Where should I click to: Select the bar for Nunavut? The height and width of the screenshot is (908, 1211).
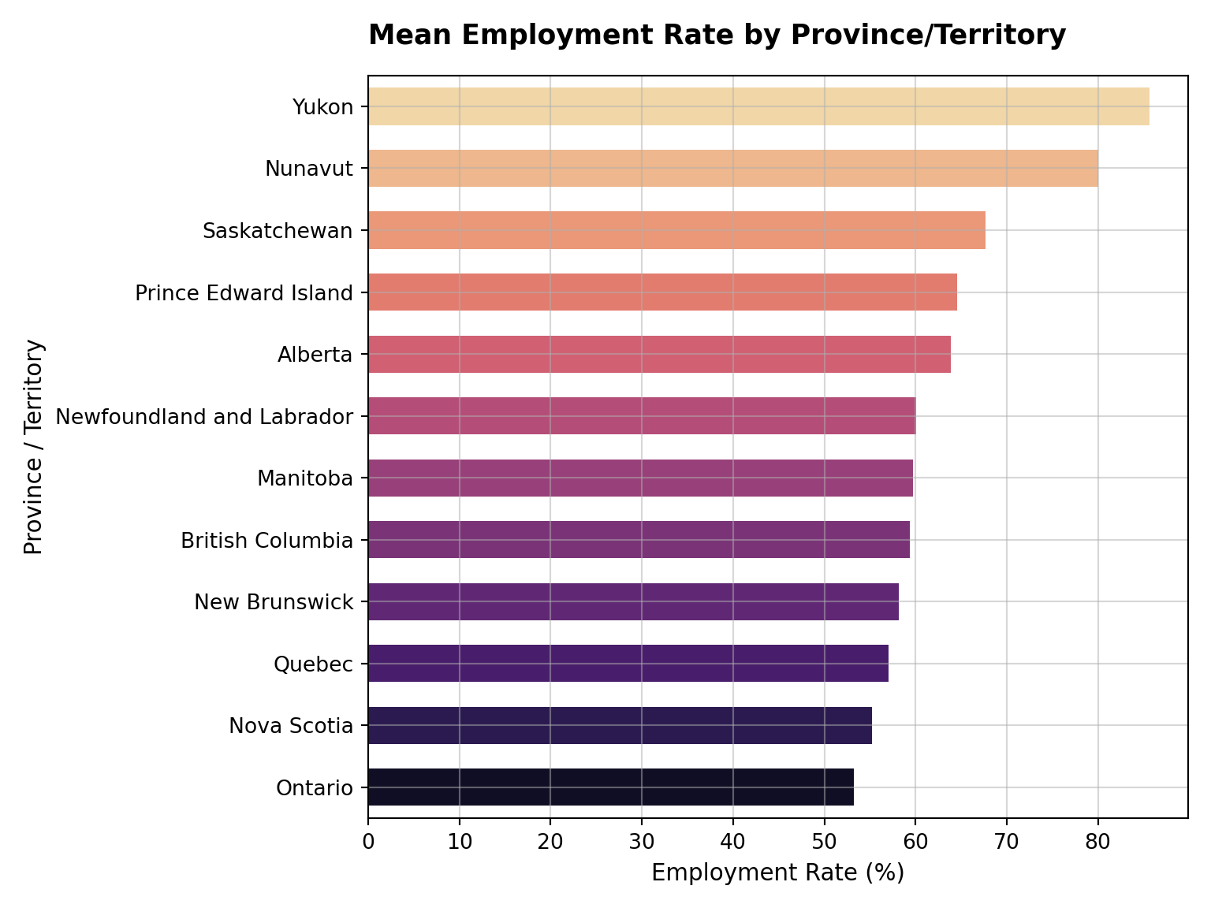733,168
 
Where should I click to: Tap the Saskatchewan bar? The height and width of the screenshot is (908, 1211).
677,230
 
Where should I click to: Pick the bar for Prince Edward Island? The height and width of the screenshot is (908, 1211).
662,292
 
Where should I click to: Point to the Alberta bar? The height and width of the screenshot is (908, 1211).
659,354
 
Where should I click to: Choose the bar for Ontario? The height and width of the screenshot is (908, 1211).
611,787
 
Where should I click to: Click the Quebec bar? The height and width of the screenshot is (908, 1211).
628,663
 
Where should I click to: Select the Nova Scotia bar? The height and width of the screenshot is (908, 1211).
620,725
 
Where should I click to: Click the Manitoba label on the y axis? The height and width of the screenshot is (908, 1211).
305,478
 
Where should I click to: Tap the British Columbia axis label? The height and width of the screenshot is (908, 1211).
267,540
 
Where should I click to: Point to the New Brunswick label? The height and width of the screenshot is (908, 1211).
274,602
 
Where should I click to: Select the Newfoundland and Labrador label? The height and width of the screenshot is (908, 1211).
204,417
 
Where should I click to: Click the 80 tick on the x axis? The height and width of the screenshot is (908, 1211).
1098,842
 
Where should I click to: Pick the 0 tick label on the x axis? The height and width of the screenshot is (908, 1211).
368,842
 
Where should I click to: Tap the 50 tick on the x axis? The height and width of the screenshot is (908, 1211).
824,842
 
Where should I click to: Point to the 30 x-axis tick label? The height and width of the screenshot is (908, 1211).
642,842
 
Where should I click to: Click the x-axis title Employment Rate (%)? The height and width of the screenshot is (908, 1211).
778,873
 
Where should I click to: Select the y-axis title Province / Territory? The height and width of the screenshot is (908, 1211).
34,447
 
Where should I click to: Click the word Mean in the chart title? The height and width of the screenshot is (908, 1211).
410,35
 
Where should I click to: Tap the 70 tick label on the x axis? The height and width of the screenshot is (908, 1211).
1007,842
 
